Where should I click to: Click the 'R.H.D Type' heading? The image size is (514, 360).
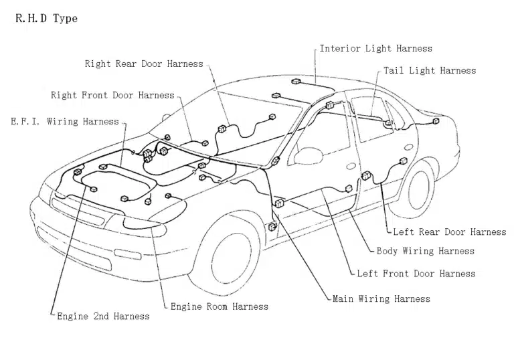click(x=46, y=19)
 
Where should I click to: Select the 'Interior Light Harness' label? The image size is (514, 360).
click(x=375, y=48)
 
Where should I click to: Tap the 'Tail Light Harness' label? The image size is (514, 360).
click(x=430, y=70)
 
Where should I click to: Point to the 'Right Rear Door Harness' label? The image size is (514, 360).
click(x=143, y=64)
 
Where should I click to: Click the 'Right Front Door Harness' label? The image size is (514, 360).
click(x=112, y=96)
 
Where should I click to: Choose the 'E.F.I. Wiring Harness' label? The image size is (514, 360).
click(x=65, y=122)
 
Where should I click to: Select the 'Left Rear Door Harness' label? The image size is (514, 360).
click(x=449, y=232)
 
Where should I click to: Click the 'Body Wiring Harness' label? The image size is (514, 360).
click(x=425, y=251)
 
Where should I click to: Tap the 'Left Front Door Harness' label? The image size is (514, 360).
click(x=416, y=274)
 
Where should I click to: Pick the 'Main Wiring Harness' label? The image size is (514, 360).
click(x=381, y=299)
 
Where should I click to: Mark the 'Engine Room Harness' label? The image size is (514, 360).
click(x=219, y=306)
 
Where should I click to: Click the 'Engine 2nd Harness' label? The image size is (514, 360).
click(x=103, y=316)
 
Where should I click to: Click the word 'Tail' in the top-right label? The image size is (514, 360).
click(x=395, y=70)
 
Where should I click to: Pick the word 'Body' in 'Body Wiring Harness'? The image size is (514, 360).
click(x=388, y=251)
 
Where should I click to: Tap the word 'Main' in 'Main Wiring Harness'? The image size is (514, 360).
click(x=343, y=299)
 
